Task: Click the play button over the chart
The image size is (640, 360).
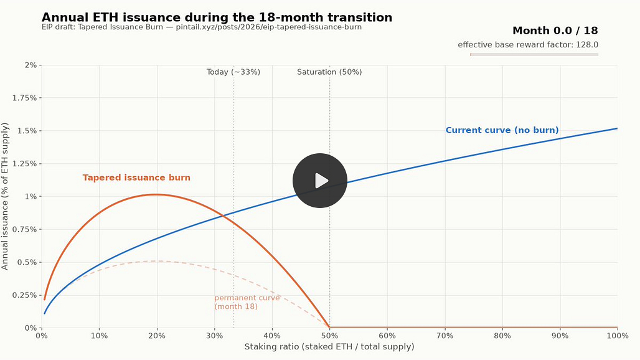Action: (319, 181)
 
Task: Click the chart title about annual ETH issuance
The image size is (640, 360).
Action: (217, 17)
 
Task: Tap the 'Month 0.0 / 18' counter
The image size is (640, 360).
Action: (555, 31)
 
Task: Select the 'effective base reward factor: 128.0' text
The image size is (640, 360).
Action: (528, 44)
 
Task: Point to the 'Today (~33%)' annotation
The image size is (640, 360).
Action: (233, 72)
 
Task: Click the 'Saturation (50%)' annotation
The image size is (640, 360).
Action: (329, 72)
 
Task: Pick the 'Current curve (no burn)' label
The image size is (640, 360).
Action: (502, 130)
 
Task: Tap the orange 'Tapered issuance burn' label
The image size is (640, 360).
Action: (136, 178)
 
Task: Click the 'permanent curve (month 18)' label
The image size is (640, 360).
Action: (247, 302)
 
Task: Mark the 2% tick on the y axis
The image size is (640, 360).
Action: (31, 65)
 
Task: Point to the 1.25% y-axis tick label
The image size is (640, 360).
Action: (24, 164)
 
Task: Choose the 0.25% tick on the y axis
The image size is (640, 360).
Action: (24, 295)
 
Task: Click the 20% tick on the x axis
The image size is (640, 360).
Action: (157, 336)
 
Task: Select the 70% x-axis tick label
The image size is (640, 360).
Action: (445, 336)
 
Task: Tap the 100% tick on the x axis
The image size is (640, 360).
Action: (618, 336)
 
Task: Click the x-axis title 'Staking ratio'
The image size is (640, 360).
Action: (329, 346)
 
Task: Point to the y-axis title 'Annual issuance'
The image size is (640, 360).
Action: (5, 196)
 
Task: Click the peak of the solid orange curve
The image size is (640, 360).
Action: (156, 195)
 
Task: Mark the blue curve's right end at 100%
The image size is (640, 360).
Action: (617, 128)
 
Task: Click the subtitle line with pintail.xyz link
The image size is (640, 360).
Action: (202, 27)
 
